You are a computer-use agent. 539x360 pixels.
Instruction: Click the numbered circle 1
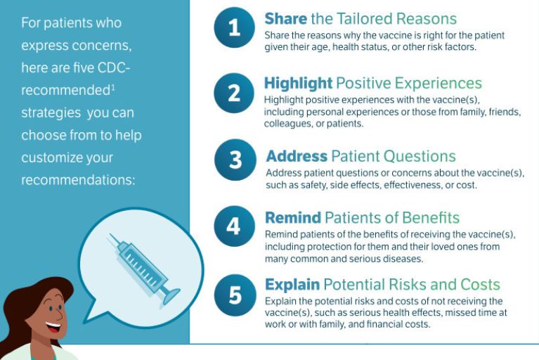(x=234, y=27)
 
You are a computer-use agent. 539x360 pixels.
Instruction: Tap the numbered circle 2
(x=234, y=93)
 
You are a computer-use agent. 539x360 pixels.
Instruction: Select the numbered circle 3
(x=235, y=160)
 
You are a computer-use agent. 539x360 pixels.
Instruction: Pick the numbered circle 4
(x=234, y=226)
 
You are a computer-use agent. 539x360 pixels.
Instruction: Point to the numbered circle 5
(x=235, y=295)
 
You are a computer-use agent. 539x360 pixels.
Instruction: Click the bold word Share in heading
(x=285, y=18)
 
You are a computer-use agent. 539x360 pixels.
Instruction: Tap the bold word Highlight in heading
(x=298, y=84)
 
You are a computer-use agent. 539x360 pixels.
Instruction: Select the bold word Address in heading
(x=297, y=156)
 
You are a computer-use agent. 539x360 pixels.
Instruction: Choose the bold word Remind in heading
(x=293, y=218)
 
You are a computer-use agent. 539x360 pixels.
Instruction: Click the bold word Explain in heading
(x=292, y=285)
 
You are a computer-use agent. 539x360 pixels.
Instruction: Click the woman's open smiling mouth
(x=53, y=326)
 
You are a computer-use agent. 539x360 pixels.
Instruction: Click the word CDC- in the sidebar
(x=114, y=67)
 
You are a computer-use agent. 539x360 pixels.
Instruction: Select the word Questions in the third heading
(x=420, y=157)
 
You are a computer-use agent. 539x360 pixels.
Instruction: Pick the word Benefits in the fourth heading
(x=431, y=218)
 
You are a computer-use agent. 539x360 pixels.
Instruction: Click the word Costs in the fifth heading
(x=480, y=285)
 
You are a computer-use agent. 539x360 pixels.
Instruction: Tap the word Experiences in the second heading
(x=439, y=84)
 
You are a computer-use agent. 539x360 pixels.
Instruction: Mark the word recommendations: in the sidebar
(x=79, y=180)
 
